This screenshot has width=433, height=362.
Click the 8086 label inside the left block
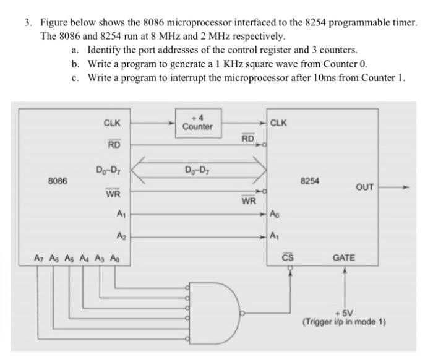click(x=58, y=181)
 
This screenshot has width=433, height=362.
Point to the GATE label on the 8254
click(x=344, y=256)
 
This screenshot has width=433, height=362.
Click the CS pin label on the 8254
click(x=287, y=256)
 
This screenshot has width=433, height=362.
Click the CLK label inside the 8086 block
click(x=112, y=123)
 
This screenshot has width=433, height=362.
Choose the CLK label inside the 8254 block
click(x=279, y=123)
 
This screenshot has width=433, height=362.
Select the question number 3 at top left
click(x=28, y=23)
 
